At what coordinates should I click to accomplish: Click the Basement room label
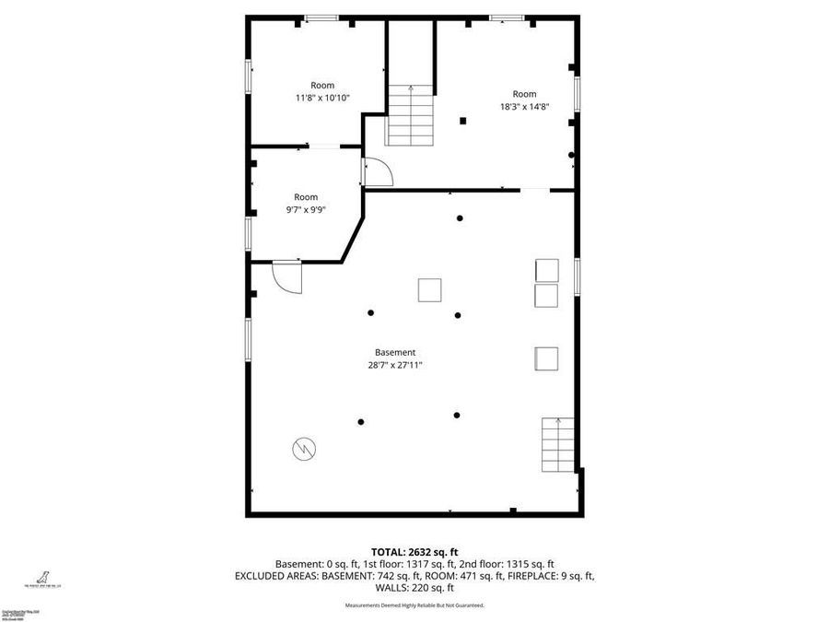pos(395,352)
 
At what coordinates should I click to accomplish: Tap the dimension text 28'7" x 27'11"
pos(395,365)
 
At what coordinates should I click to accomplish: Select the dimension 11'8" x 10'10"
pos(322,98)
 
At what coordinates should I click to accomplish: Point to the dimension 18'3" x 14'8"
pos(524,106)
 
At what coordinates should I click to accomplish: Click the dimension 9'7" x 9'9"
pos(306,209)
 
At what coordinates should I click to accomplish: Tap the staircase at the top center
pos(410,115)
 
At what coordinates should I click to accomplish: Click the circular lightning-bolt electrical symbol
pos(303,449)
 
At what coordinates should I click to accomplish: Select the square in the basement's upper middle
pos(430,290)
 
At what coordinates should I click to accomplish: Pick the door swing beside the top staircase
pos(378,172)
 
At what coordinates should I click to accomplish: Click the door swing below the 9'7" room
pos(287,276)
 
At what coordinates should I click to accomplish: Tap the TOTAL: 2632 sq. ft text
pos(414,549)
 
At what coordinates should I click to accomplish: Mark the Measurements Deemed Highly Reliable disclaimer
pos(414,605)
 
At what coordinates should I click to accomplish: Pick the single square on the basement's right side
pos(546,358)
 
